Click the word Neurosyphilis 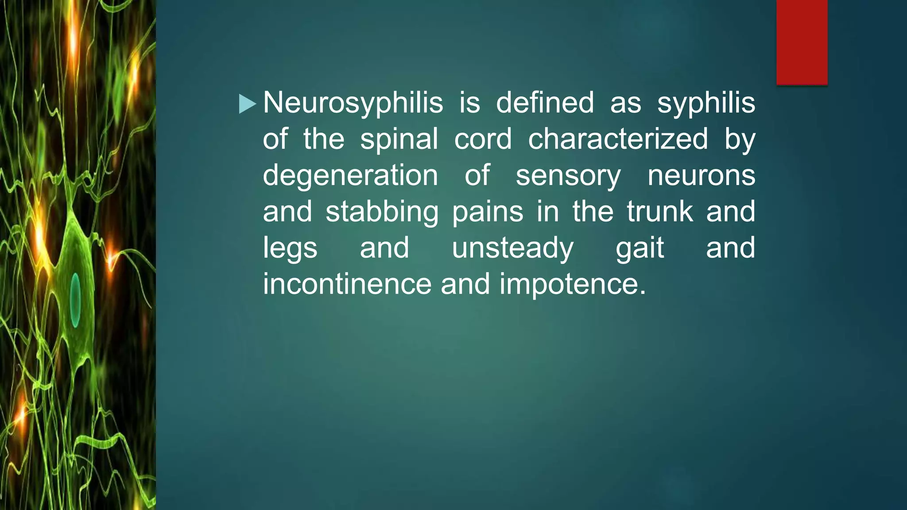point(353,104)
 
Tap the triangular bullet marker point(247,104)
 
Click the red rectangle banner point(802,42)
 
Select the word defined point(545,103)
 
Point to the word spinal point(399,139)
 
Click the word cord point(483,139)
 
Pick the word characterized point(618,139)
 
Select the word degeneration point(350,176)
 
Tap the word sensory point(568,176)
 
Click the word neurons point(702,176)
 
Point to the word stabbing point(382,212)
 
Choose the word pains point(488,212)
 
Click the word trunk point(660,212)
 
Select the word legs point(290,248)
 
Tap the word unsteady point(512,248)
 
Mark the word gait point(640,248)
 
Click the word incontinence point(347,284)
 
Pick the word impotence point(573,284)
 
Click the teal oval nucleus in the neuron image point(76,300)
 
